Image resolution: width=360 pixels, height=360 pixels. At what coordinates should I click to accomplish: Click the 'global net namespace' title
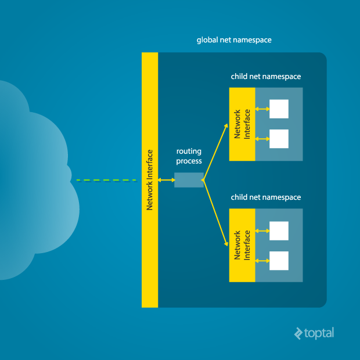234,41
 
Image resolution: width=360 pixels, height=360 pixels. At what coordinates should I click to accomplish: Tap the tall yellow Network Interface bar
150,180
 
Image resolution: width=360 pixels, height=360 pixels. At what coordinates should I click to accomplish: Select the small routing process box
189,180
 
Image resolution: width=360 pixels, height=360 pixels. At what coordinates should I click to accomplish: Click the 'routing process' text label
189,156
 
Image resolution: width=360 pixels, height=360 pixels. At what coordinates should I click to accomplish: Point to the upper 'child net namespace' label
266,76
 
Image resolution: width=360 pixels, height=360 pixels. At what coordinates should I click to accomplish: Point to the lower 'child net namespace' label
266,197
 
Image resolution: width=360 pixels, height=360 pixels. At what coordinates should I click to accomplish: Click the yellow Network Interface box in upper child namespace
242,124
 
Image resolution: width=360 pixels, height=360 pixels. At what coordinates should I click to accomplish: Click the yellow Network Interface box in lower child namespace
242,246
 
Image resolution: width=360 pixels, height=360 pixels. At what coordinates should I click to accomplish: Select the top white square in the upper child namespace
279,109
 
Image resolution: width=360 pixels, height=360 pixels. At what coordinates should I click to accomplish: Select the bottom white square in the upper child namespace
279,139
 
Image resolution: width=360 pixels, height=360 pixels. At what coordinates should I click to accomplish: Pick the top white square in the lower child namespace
279,231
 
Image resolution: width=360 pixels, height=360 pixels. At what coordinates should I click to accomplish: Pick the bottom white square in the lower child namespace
279,261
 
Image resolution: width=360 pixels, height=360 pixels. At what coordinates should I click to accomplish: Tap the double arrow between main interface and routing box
166,180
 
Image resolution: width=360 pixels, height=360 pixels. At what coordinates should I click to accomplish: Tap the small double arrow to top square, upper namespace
262,109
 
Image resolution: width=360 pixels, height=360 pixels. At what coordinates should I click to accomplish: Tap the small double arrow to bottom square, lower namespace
262,261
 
